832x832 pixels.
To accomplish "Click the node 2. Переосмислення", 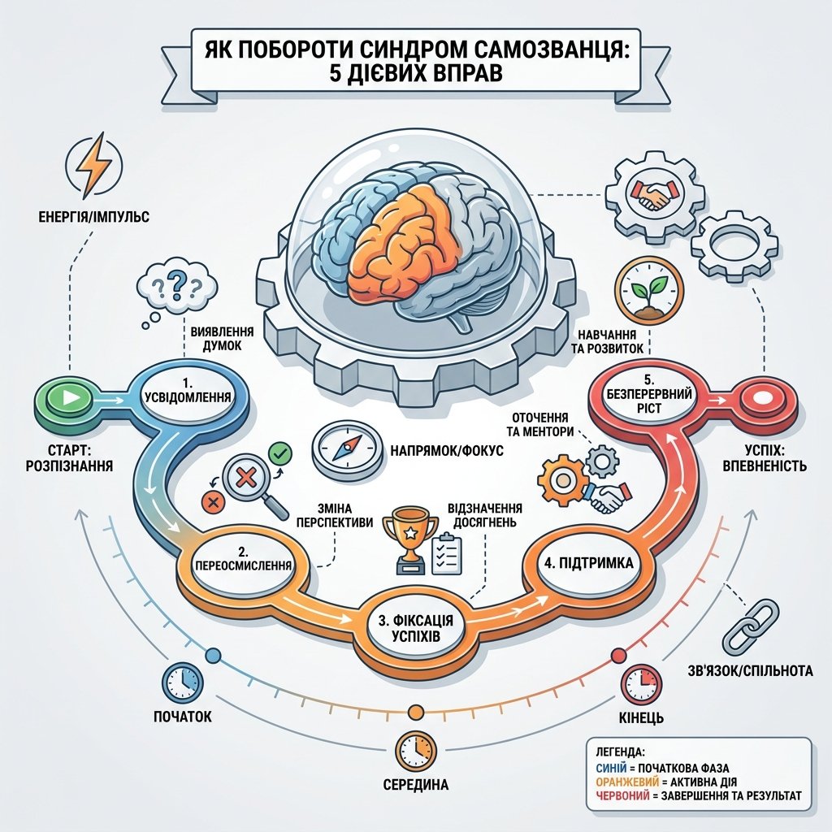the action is tap(244, 565).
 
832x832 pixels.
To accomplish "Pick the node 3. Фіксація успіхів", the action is tap(411, 627).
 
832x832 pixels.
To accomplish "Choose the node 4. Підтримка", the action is tap(589, 563).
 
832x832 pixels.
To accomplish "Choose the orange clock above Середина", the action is tap(415, 751).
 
